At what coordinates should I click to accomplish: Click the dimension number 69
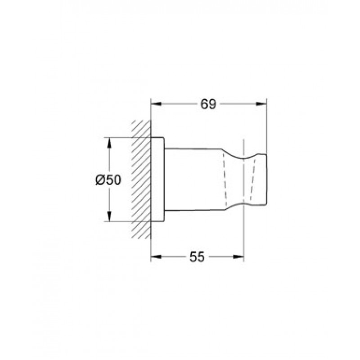click(208, 104)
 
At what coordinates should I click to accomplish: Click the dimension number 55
click(197, 256)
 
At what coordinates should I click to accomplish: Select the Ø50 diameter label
click(108, 180)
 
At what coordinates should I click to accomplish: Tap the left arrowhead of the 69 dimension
click(156, 104)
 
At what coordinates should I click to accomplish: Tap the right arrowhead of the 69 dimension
click(261, 104)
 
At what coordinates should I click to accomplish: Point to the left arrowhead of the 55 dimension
click(156, 256)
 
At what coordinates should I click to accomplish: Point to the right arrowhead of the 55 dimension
click(238, 256)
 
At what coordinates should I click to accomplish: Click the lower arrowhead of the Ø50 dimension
click(109, 216)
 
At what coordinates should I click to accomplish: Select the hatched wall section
click(141, 180)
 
